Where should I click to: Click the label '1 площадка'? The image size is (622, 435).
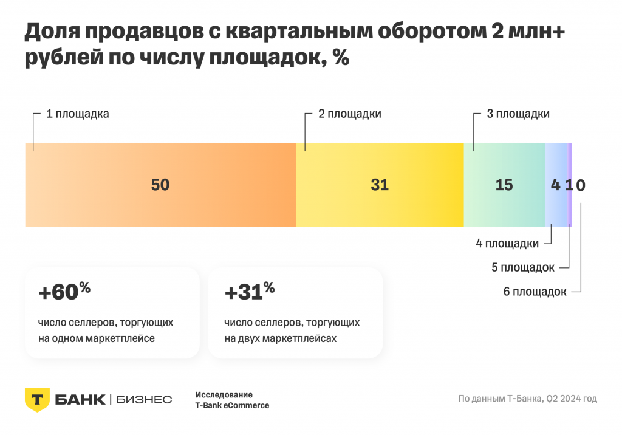click(78, 114)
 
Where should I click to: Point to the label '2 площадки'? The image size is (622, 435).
click(350, 114)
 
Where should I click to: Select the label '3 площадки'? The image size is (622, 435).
click(519, 114)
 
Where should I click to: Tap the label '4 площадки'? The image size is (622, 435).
click(507, 244)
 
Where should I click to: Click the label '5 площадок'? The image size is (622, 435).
click(522, 267)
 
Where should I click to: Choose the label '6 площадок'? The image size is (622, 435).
click(535, 292)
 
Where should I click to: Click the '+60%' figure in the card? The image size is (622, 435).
click(64, 292)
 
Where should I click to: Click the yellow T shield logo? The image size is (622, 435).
click(36, 399)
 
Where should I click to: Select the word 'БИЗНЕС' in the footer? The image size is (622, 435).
click(143, 399)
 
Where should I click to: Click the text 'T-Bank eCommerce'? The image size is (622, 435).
click(232, 405)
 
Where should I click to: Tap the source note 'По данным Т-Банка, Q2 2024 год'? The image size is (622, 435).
click(527, 399)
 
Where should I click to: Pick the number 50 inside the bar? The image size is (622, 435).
click(160, 185)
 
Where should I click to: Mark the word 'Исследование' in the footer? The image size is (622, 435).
click(224, 394)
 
